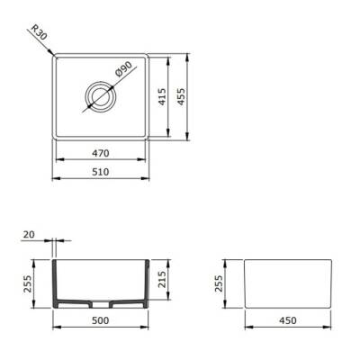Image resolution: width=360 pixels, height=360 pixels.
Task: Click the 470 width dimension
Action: click(x=102, y=153)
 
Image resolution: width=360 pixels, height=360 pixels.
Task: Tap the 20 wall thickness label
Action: click(x=29, y=235)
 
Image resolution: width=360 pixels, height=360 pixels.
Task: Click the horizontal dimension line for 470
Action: click(x=72, y=159)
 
